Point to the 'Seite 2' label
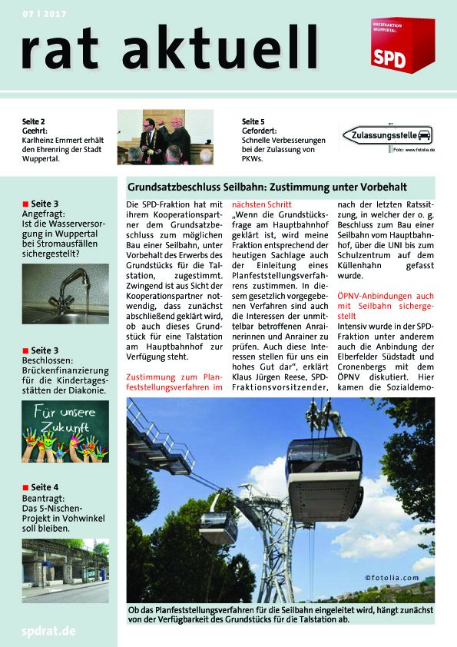(34, 121)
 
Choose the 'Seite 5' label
(253, 121)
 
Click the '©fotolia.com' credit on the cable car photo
(392, 578)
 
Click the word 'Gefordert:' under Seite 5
(263, 131)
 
